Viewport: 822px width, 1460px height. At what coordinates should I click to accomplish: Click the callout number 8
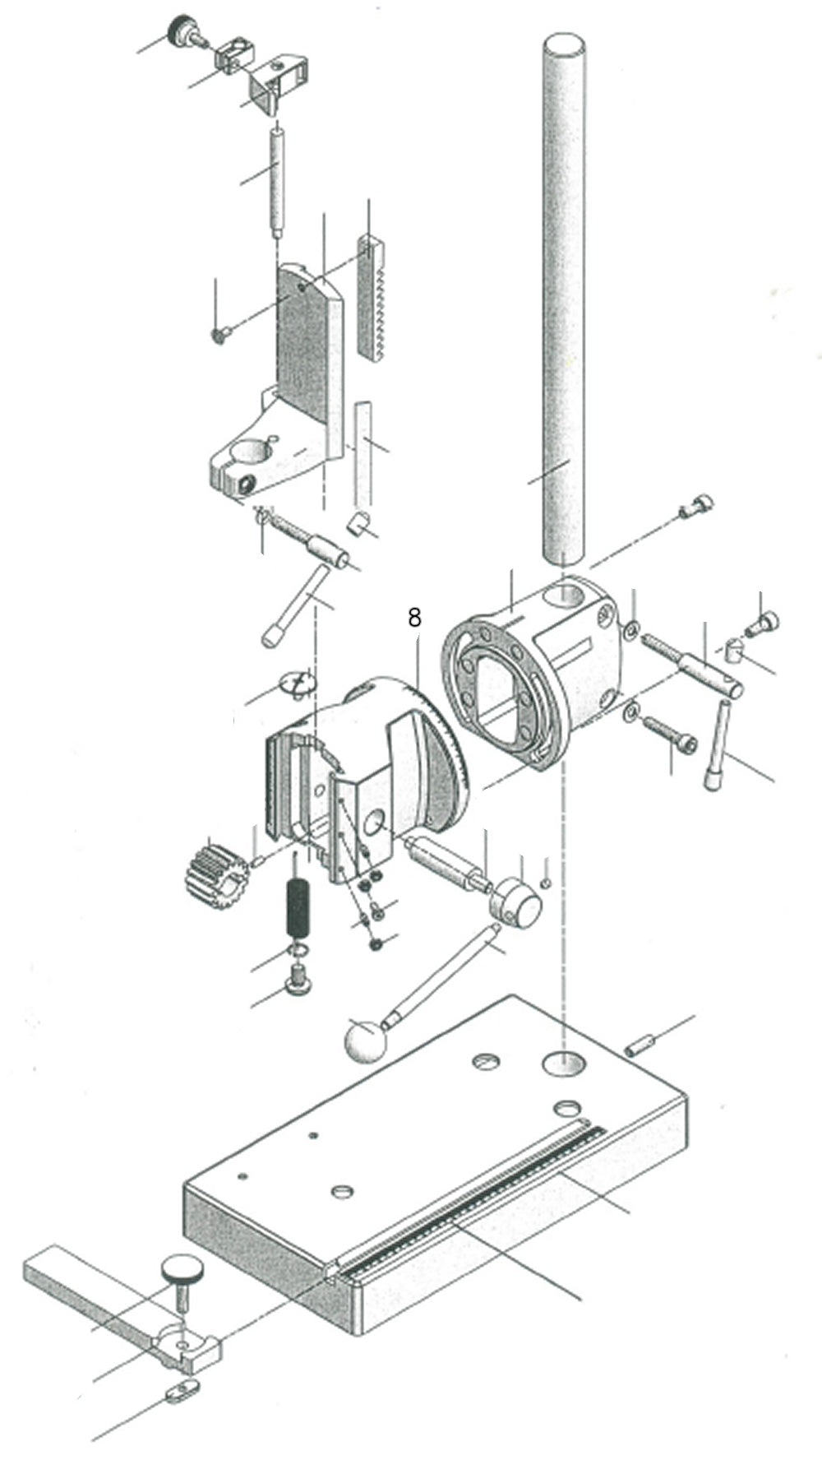(414, 617)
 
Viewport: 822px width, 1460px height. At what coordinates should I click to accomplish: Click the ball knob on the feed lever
(364, 1041)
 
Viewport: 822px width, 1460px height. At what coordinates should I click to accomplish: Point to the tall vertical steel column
(566, 296)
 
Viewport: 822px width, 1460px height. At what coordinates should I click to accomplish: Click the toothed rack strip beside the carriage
(372, 296)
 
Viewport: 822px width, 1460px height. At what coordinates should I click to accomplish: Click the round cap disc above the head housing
(297, 682)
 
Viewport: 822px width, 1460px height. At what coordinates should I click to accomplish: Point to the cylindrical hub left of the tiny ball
(515, 901)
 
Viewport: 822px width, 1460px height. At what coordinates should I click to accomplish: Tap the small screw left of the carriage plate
(220, 334)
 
